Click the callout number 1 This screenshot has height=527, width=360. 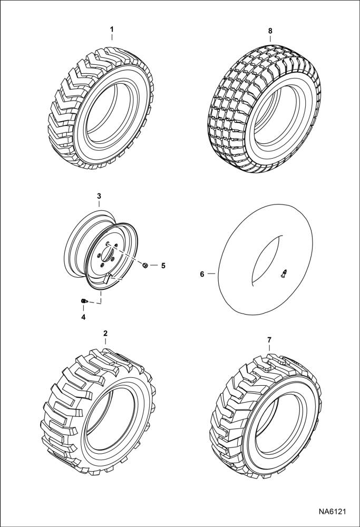pyautogui.click(x=112, y=29)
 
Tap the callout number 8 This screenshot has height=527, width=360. pyautogui.click(x=270, y=31)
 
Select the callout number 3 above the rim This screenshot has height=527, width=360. pyautogui.click(x=99, y=196)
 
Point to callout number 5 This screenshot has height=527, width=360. pyautogui.click(x=163, y=265)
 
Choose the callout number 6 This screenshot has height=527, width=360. pyautogui.click(x=202, y=274)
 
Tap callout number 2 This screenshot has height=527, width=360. pyautogui.click(x=105, y=333)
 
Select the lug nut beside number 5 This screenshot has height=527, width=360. pyautogui.click(x=145, y=265)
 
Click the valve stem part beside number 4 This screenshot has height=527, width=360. pyautogui.click(x=83, y=301)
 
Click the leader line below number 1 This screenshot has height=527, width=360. pyautogui.click(x=112, y=36)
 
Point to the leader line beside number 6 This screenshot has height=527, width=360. pyautogui.click(x=212, y=274)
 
